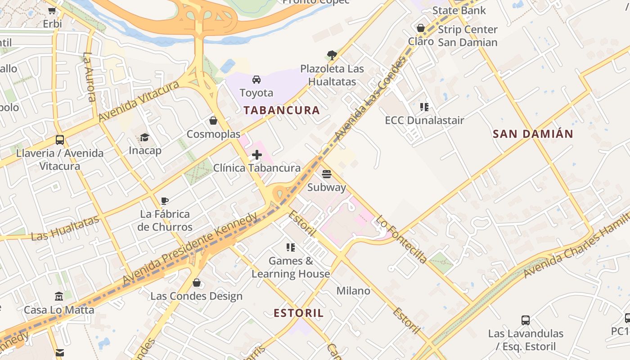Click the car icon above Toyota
pyautogui.click(x=256, y=80)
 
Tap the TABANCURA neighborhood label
pyautogui.click(x=282, y=110)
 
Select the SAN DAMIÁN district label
pyautogui.click(x=533, y=134)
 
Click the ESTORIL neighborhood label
pyautogui.click(x=299, y=313)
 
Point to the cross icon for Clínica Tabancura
pyautogui.click(x=257, y=155)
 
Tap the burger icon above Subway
pyautogui.click(x=327, y=174)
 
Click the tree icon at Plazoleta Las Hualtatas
pyautogui.click(x=332, y=55)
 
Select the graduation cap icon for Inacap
pyautogui.click(x=144, y=137)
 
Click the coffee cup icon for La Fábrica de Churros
pyautogui.click(x=165, y=201)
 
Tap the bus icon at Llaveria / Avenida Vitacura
pyautogui.click(x=60, y=140)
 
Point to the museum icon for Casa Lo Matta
pyautogui.click(x=59, y=297)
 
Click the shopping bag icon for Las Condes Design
pyautogui.click(x=196, y=283)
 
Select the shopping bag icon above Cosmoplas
pyautogui.click(x=213, y=121)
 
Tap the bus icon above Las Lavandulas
pyautogui.click(x=526, y=320)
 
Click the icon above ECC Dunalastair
pyautogui.click(x=424, y=107)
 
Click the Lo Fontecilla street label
pyautogui.click(x=401, y=240)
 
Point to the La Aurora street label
pyautogui.click(x=90, y=77)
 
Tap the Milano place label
pyautogui.click(x=353, y=291)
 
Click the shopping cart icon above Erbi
pyautogui.click(x=52, y=10)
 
